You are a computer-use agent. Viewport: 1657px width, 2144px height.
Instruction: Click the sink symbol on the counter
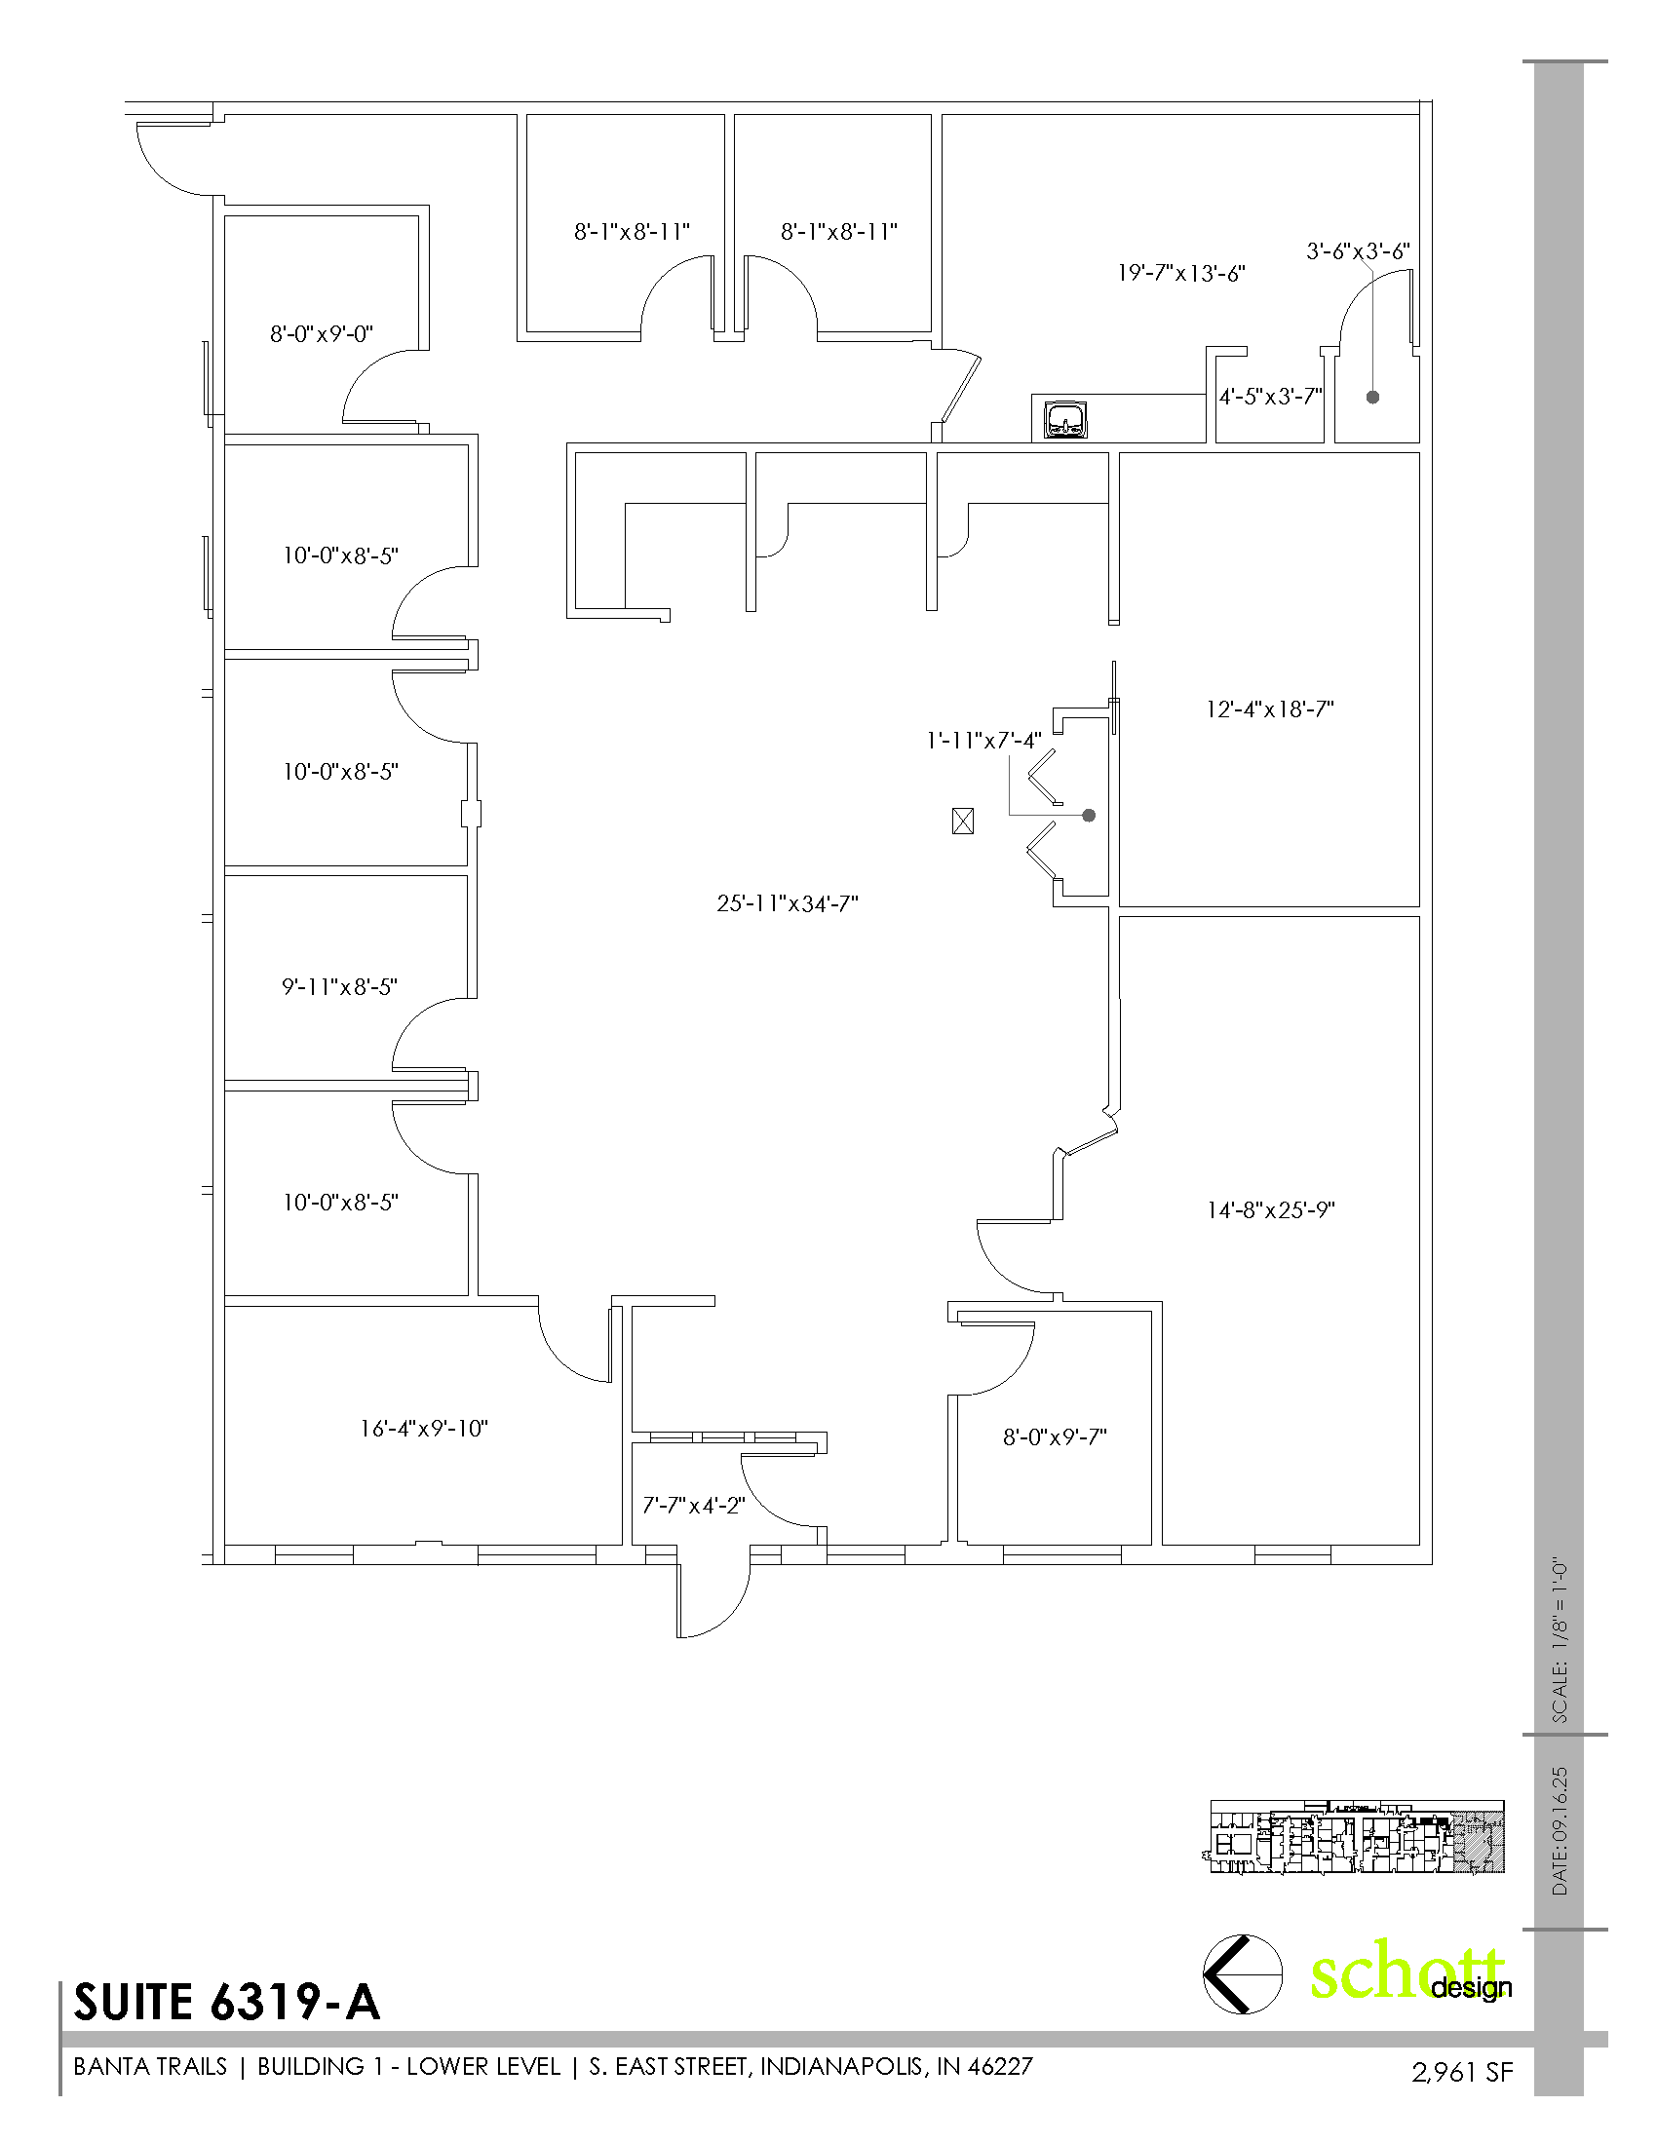click(x=1065, y=419)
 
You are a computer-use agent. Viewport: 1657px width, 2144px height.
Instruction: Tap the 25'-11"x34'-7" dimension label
click(x=788, y=903)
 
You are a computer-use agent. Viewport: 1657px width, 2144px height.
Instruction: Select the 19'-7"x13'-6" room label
click(x=1181, y=273)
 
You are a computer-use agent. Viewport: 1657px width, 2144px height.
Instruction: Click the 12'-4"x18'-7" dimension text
click(x=1269, y=708)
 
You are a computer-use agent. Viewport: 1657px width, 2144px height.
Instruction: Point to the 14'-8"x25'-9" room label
click(x=1270, y=1209)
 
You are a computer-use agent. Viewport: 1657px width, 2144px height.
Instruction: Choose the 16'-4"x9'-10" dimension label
click(x=424, y=1429)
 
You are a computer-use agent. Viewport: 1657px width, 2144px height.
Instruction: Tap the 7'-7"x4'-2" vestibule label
click(x=694, y=1505)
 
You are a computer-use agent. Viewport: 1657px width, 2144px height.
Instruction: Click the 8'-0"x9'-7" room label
click(x=1055, y=1436)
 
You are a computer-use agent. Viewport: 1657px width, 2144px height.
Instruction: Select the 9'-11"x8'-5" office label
click(x=339, y=986)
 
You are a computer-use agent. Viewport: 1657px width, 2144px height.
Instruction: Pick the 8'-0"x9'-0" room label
click(x=321, y=333)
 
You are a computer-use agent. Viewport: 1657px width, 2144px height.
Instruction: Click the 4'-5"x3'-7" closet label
click(x=1271, y=397)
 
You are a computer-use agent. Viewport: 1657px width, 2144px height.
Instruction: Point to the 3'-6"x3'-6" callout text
click(x=1358, y=251)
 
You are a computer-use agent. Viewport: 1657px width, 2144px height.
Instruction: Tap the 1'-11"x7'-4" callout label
click(x=983, y=741)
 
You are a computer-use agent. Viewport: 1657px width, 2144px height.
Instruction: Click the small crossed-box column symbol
click(x=963, y=821)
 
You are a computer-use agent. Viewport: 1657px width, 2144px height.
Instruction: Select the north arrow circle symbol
click(x=1243, y=1973)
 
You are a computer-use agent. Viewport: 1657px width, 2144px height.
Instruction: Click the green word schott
click(x=1407, y=1972)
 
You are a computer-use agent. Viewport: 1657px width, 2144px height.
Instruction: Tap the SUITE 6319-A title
click(x=227, y=2003)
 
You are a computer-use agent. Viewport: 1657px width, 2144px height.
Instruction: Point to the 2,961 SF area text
click(x=1463, y=2071)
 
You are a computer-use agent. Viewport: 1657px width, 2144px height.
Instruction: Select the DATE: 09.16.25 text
click(x=1560, y=1832)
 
